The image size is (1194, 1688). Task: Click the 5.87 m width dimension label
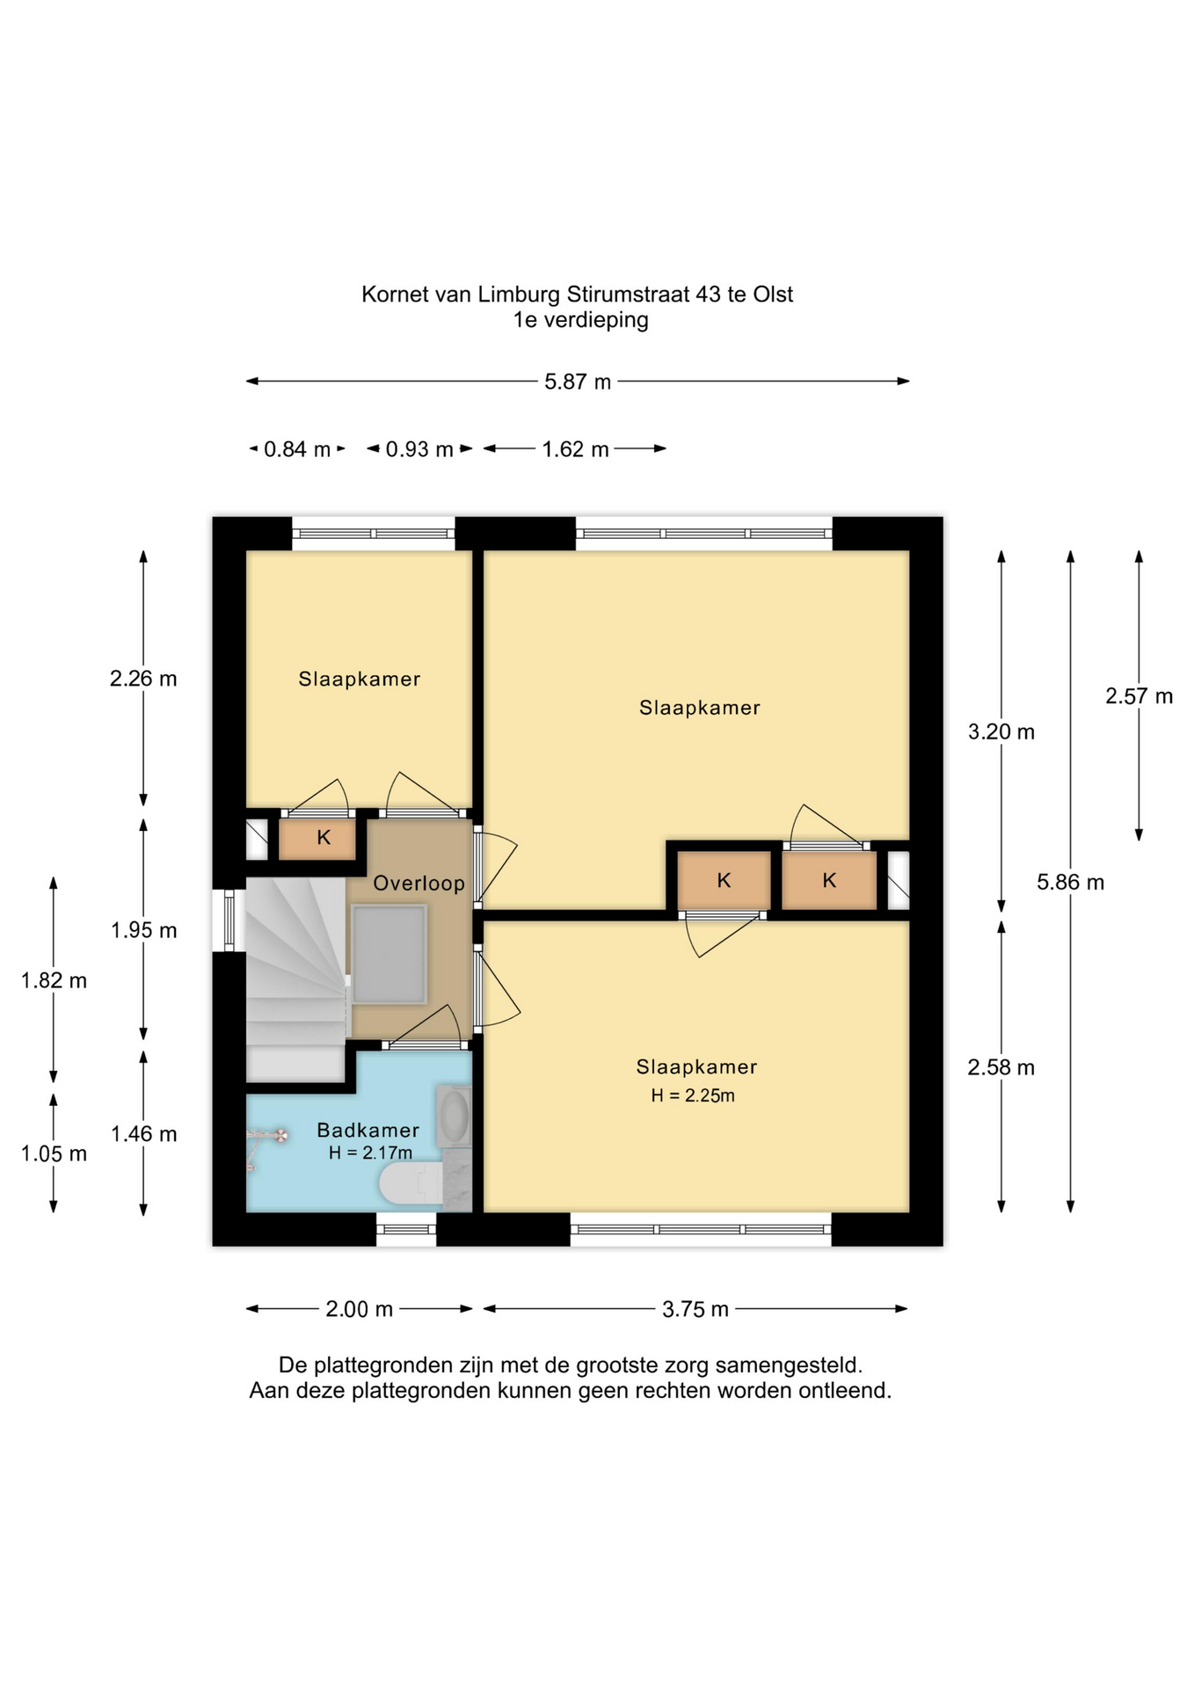point(577,382)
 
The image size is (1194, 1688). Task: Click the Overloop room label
point(419,883)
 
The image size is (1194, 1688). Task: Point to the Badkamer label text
point(368,1130)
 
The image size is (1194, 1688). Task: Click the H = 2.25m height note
point(693,1095)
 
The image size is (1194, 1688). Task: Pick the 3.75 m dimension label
point(695,1309)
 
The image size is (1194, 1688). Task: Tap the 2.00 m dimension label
point(359,1309)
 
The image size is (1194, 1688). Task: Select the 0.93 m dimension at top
point(419,449)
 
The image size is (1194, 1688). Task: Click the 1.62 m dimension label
point(575,449)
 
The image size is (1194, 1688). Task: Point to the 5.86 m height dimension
point(1070,882)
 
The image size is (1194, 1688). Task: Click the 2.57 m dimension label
point(1139,696)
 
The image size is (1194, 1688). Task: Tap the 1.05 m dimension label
point(54,1153)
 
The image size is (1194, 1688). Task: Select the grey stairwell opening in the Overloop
point(389,954)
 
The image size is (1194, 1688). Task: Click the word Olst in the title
point(773,295)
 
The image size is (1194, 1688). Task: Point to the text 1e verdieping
point(580,320)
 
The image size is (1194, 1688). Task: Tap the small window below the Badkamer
point(406,1229)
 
